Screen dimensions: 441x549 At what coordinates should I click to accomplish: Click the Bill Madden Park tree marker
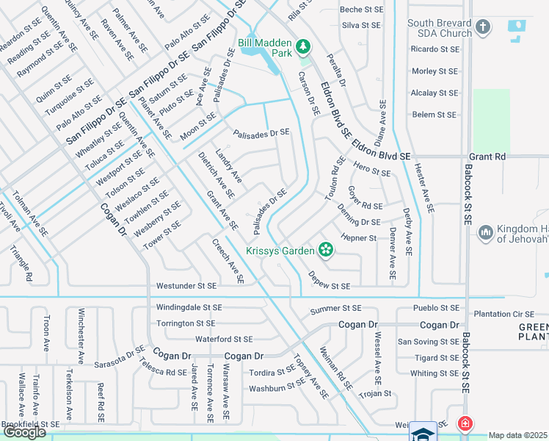303,47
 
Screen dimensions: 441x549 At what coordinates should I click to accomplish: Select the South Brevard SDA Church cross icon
483,28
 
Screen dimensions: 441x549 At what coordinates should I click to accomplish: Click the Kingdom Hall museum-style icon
484,233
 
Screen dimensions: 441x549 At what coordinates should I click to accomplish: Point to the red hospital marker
464,424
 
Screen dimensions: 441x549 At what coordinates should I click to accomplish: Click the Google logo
24,433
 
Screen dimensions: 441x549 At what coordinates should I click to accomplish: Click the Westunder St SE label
186,285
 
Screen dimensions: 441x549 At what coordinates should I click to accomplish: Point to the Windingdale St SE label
190,306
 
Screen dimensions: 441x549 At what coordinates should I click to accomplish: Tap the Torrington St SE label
186,323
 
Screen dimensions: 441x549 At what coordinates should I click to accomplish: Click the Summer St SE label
336,308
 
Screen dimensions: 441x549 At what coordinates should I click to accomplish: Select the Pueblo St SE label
436,308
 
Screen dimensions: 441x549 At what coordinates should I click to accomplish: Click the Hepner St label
359,238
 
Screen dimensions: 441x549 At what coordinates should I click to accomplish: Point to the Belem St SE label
435,115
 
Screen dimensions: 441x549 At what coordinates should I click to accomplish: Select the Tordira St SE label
272,372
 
